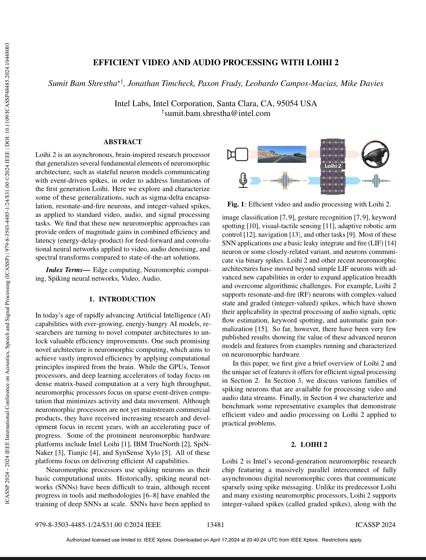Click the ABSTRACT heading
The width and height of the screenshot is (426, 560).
(x=123, y=142)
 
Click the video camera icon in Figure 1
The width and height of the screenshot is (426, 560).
(x=237, y=155)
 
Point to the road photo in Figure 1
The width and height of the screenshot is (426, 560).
(x=282, y=154)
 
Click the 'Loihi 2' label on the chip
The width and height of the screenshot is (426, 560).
(x=333, y=166)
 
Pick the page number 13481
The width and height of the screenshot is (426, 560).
(x=215, y=525)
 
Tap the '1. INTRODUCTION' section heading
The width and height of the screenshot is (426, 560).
(x=122, y=299)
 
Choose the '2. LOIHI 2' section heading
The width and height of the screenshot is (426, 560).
(x=309, y=445)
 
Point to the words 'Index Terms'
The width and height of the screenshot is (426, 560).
(x=64, y=270)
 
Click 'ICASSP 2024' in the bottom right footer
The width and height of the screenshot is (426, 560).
(x=375, y=525)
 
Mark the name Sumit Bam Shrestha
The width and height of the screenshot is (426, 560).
(x=83, y=83)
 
